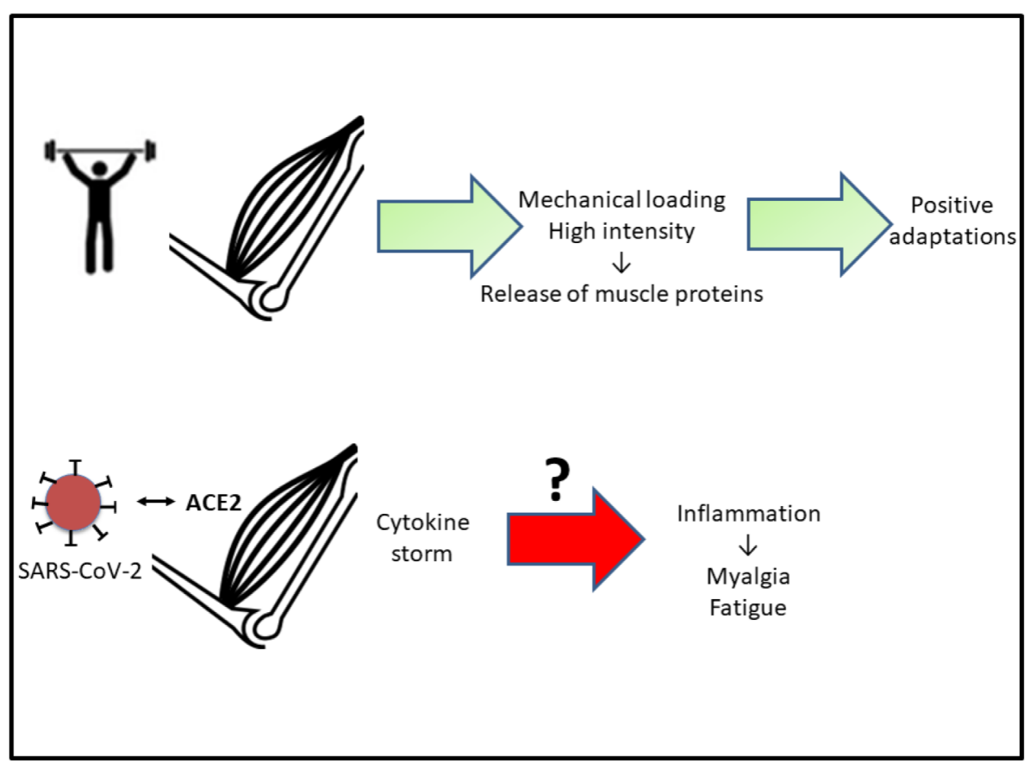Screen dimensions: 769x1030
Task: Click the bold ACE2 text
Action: click(x=213, y=502)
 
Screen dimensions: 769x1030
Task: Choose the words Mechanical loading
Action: click(x=621, y=200)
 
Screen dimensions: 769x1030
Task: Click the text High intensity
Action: click(x=621, y=231)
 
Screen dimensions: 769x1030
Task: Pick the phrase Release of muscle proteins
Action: click(x=621, y=293)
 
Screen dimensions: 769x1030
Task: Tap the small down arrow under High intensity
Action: click(x=622, y=262)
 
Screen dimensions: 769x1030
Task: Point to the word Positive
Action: click(x=952, y=205)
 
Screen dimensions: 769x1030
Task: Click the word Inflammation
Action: click(x=748, y=514)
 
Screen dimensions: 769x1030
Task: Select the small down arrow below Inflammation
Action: click(x=748, y=545)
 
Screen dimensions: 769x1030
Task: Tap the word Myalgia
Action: click(x=748, y=575)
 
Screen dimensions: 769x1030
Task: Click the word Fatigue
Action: click(x=748, y=607)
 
